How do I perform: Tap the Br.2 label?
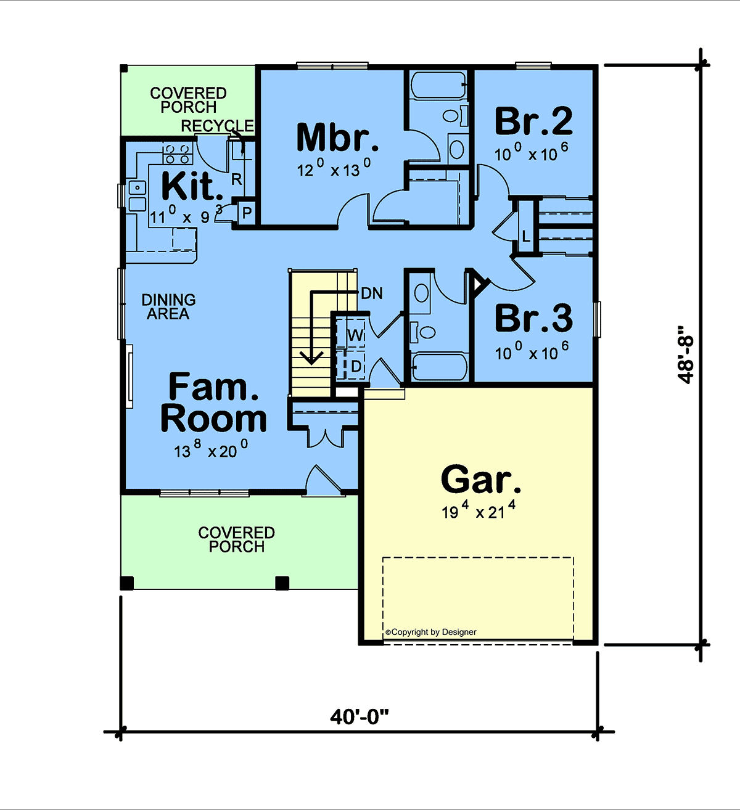pyautogui.click(x=533, y=121)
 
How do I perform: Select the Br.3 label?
pyautogui.click(x=534, y=318)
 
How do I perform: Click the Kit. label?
pyautogui.click(x=192, y=186)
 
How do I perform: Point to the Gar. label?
pyautogui.click(x=481, y=479)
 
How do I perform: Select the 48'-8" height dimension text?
pyautogui.click(x=686, y=354)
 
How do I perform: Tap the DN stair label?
pyautogui.click(x=372, y=293)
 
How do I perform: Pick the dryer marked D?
pyautogui.click(x=351, y=366)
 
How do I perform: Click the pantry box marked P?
pyautogui.click(x=247, y=212)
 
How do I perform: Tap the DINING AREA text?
pyautogui.click(x=168, y=307)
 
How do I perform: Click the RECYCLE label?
pyautogui.click(x=217, y=126)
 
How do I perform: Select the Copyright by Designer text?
pyautogui.click(x=431, y=632)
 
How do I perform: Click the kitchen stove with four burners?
pyautogui.click(x=178, y=154)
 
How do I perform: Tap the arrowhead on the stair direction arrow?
pyautogui.click(x=311, y=358)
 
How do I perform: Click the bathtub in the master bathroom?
pyautogui.click(x=438, y=85)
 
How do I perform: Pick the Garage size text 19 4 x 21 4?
pyautogui.click(x=479, y=510)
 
